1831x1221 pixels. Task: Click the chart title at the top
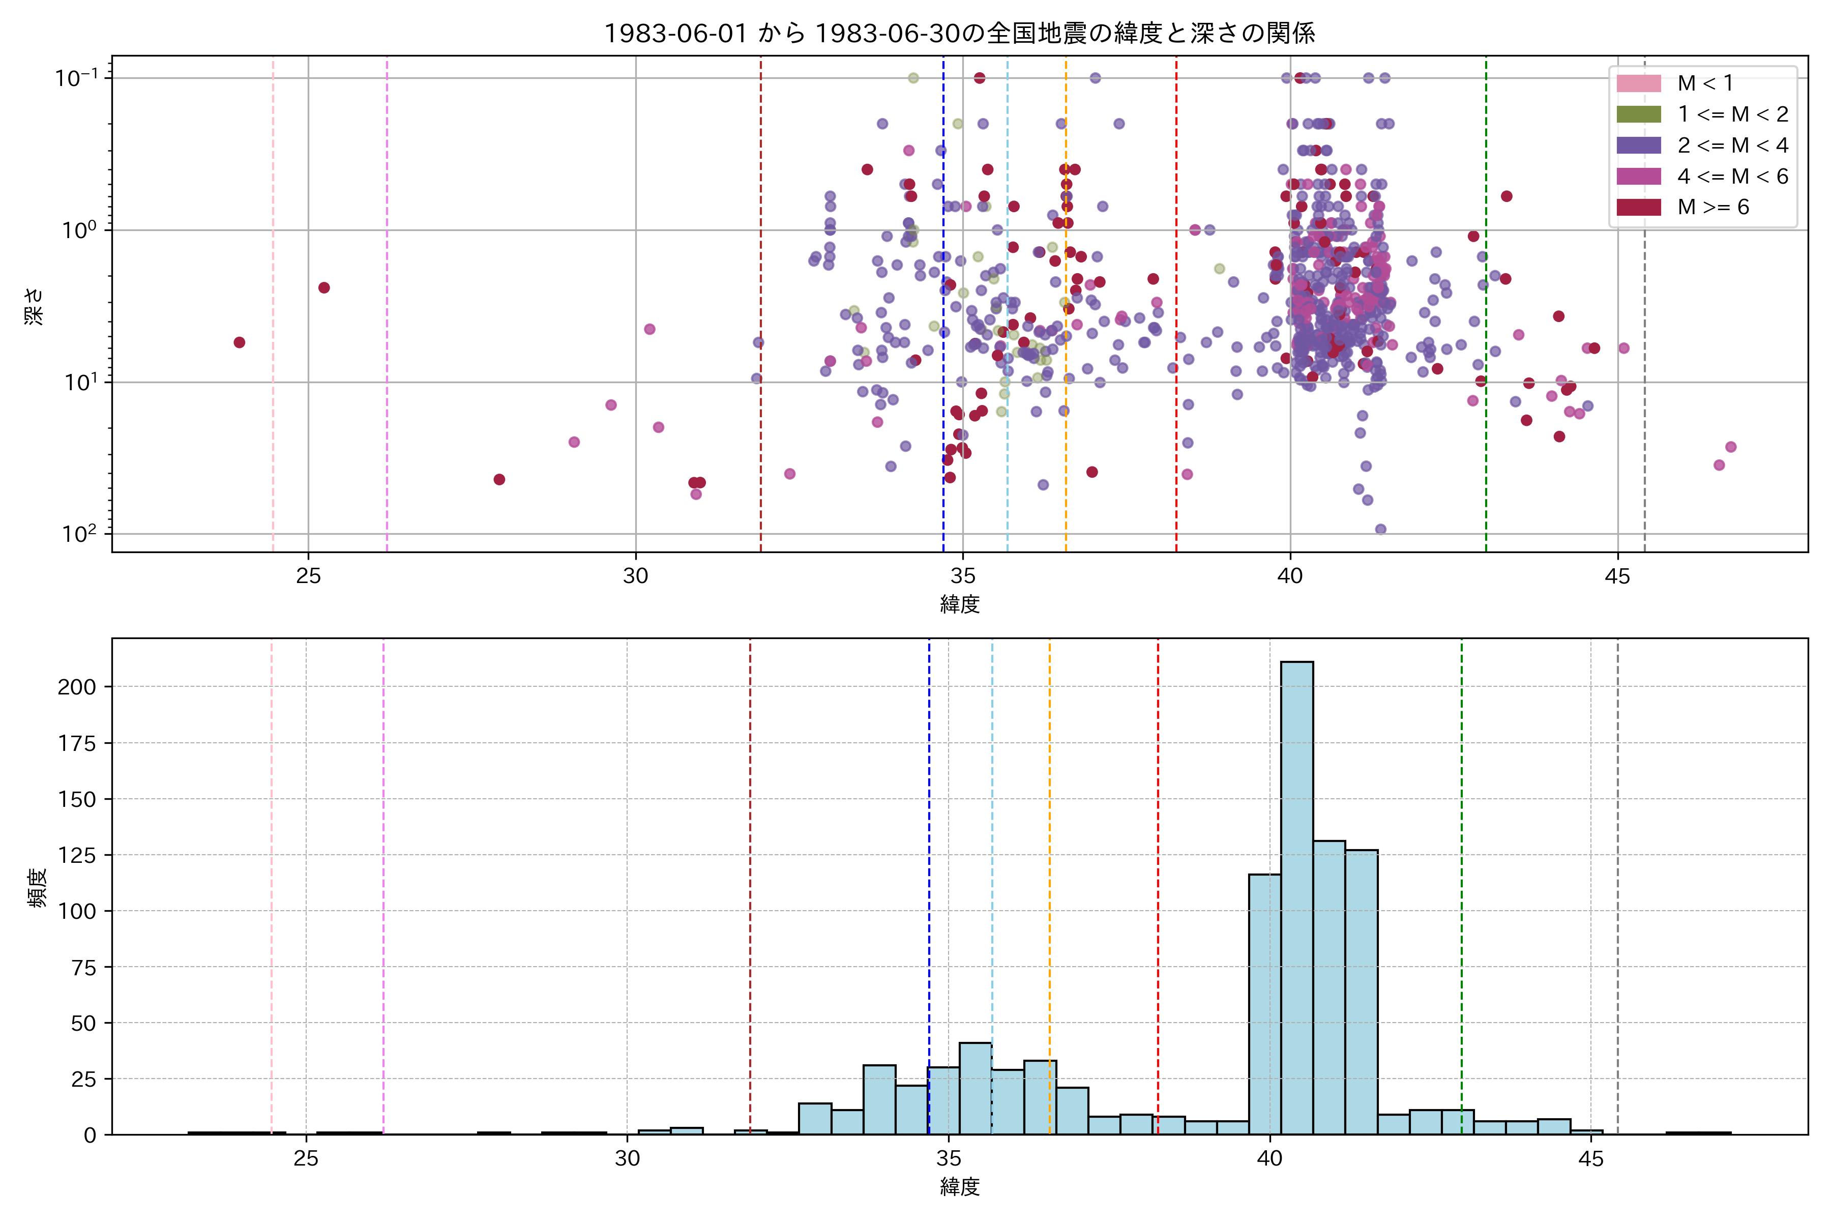pos(959,33)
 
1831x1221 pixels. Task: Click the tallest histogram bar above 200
pos(1297,895)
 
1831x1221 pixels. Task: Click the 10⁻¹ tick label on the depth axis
pos(76,78)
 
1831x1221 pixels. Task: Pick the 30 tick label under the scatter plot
pos(636,576)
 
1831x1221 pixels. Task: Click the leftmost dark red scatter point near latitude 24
pos(240,342)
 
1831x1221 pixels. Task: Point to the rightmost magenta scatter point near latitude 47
pos(1731,447)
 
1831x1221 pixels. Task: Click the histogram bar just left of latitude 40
pos(1265,1004)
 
